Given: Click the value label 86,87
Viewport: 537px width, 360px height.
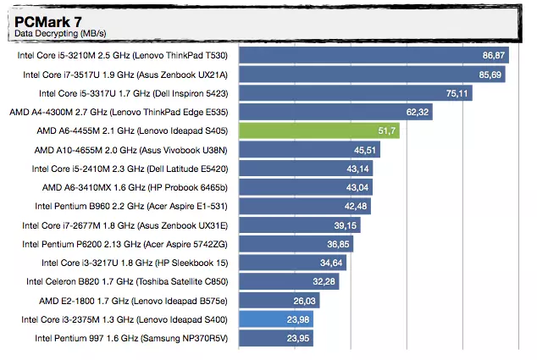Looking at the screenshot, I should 493,55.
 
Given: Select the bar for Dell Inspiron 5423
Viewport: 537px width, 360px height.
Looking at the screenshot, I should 356,93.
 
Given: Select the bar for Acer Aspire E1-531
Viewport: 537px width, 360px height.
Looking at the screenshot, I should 306,206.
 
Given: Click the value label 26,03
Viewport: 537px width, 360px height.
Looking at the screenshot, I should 305,301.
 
